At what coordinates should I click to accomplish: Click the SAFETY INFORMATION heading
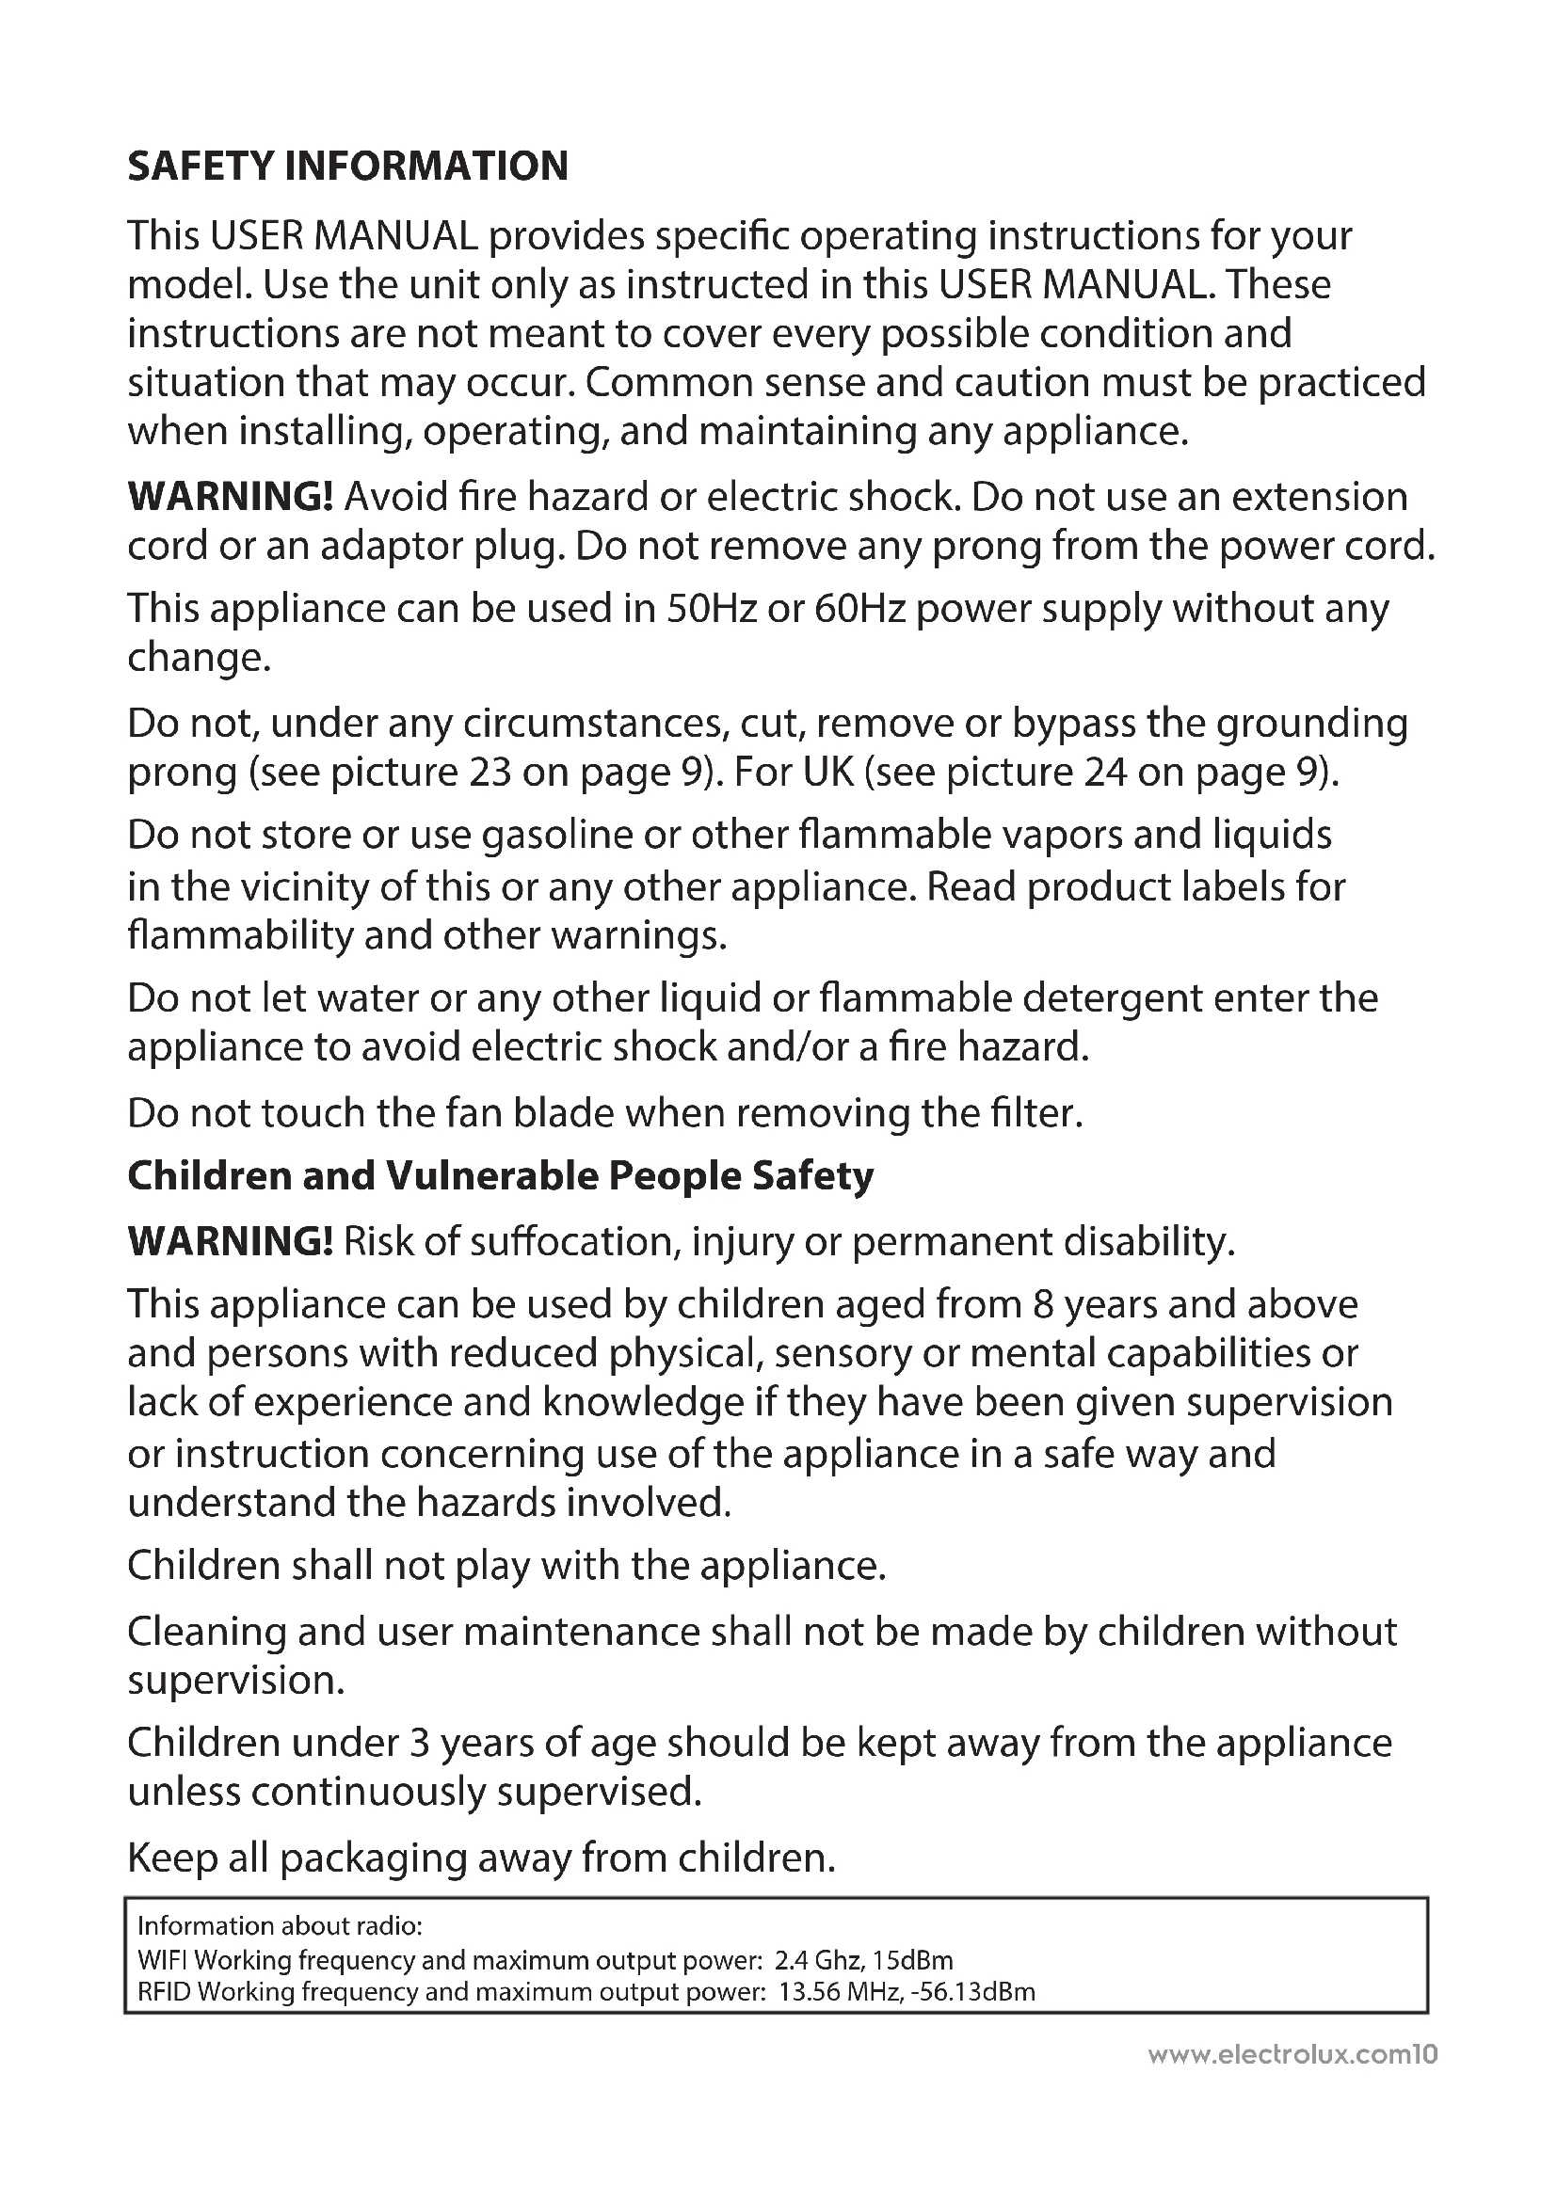(x=347, y=166)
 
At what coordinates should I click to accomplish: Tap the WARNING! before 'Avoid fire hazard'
(x=230, y=497)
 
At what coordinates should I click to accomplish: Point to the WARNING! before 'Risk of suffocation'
(x=230, y=1241)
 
